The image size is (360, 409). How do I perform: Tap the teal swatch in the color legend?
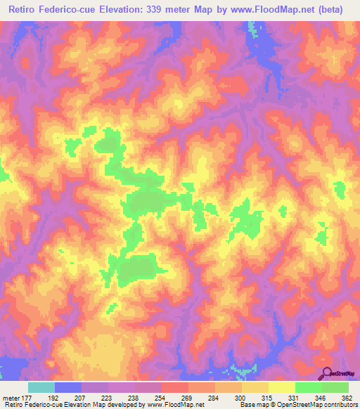coord(41,387)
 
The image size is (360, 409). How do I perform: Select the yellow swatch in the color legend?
coord(282,387)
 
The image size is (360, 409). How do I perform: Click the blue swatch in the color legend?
coord(68,387)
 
